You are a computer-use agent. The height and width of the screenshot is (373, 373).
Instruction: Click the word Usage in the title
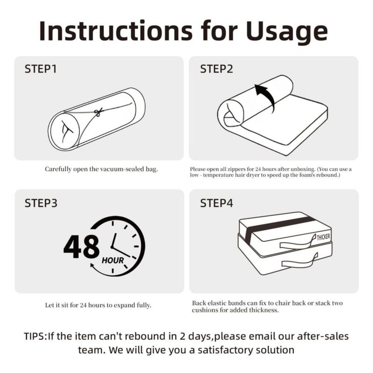[287, 32]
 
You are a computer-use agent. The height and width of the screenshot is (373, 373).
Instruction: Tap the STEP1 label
[41, 69]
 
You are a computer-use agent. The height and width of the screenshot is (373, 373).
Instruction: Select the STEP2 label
[216, 69]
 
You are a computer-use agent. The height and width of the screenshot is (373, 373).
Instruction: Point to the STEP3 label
[41, 203]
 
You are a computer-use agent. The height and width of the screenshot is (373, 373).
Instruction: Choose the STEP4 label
[216, 203]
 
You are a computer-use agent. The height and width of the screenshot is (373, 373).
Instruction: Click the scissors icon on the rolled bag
[98, 111]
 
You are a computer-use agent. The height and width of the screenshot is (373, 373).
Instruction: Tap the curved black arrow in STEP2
[268, 95]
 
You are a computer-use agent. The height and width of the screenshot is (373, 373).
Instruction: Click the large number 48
[81, 247]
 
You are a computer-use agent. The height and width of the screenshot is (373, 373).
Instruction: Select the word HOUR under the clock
[113, 261]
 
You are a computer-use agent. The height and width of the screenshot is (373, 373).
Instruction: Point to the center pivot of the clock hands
[112, 247]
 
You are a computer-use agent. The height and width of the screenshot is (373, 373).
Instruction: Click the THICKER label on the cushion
[323, 237]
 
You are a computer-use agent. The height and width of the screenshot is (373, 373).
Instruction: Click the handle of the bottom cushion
[300, 262]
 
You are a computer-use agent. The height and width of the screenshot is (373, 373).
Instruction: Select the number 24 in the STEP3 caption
[83, 305]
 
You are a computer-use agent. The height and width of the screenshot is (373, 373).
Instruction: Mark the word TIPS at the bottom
[34, 336]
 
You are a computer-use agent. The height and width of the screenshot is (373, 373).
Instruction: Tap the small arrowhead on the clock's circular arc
[92, 265]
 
